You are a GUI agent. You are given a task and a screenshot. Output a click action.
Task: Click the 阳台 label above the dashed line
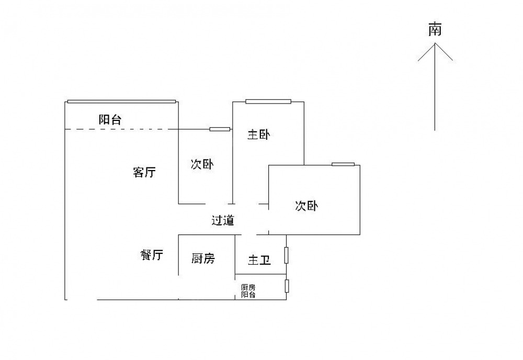pyautogui.click(x=110, y=119)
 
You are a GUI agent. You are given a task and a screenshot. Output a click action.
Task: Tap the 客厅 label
pyautogui.click(x=144, y=172)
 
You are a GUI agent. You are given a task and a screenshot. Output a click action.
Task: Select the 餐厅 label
pyautogui.click(x=152, y=255)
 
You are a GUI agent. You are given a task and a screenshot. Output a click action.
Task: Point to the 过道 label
pyautogui.click(x=223, y=220)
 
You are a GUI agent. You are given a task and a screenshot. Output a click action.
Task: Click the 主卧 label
pyautogui.click(x=258, y=135)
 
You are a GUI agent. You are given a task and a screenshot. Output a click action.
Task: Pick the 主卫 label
pyautogui.click(x=259, y=260)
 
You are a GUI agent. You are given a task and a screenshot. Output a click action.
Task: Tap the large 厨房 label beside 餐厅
pyautogui.click(x=203, y=258)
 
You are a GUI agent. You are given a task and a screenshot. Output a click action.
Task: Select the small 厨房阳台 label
pyautogui.click(x=248, y=291)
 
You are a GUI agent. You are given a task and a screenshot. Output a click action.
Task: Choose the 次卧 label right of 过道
pyautogui.click(x=306, y=206)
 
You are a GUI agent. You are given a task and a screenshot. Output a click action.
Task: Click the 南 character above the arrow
pyautogui.click(x=435, y=29)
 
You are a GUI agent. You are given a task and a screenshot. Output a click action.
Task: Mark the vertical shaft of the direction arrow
pyautogui.click(x=435, y=94)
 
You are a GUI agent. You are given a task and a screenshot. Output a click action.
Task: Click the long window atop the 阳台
pyautogui.click(x=121, y=101)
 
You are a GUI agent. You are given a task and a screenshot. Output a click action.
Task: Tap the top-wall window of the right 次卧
pyautogui.click(x=343, y=165)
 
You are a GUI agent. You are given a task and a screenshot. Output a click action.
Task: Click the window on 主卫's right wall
pyautogui.click(x=286, y=255)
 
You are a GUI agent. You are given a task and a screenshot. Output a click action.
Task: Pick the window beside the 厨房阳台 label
pyautogui.click(x=286, y=286)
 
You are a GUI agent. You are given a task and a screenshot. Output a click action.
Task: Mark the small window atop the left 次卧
pyautogui.click(x=220, y=129)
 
